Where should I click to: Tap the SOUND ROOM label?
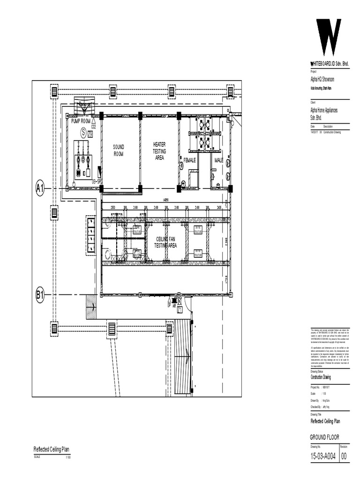119,150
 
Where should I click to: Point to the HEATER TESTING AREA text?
159,151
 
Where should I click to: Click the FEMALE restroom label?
189,160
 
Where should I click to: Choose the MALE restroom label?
219,160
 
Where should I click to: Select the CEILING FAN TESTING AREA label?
166,242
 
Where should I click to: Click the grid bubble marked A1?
40,189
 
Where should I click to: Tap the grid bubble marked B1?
40,295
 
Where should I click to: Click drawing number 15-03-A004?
323,457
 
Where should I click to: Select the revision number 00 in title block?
344,457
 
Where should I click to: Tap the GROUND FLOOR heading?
324,437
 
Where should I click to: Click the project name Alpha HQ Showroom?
322,80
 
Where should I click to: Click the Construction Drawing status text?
321,377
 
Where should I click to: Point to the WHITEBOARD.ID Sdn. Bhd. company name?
330,64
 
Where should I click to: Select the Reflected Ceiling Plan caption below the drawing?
51,449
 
